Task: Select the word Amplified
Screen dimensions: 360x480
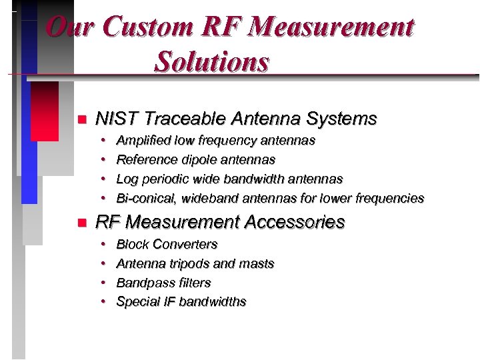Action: (143, 141)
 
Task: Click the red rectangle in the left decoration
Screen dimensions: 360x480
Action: (45, 111)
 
